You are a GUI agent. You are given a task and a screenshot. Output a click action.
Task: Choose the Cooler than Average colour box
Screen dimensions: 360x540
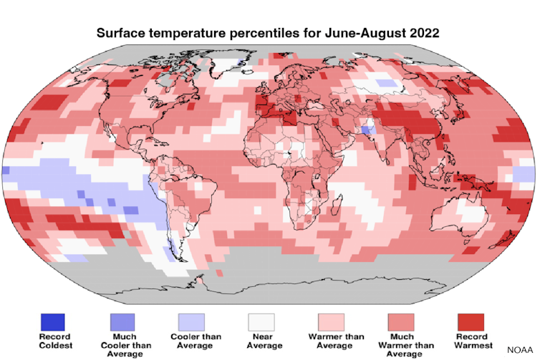click(x=191, y=321)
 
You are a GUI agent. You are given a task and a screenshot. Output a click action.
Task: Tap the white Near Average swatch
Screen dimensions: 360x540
click(x=261, y=321)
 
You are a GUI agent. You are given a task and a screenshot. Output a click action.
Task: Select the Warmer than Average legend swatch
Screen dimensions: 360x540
click(x=331, y=321)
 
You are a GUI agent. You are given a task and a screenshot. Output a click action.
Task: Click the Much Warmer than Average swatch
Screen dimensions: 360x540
click(x=400, y=321)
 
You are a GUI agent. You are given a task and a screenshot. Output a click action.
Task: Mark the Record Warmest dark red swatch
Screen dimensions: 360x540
click(x=471, y=321)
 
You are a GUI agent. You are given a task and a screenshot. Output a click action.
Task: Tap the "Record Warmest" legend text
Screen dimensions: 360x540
click(x=471, y=341)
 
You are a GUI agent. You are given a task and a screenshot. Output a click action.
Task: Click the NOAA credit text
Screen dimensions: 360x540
click(x=521, y=350)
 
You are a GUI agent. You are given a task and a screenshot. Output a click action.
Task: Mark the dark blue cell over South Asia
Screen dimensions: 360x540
click(x=367, y=130)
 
